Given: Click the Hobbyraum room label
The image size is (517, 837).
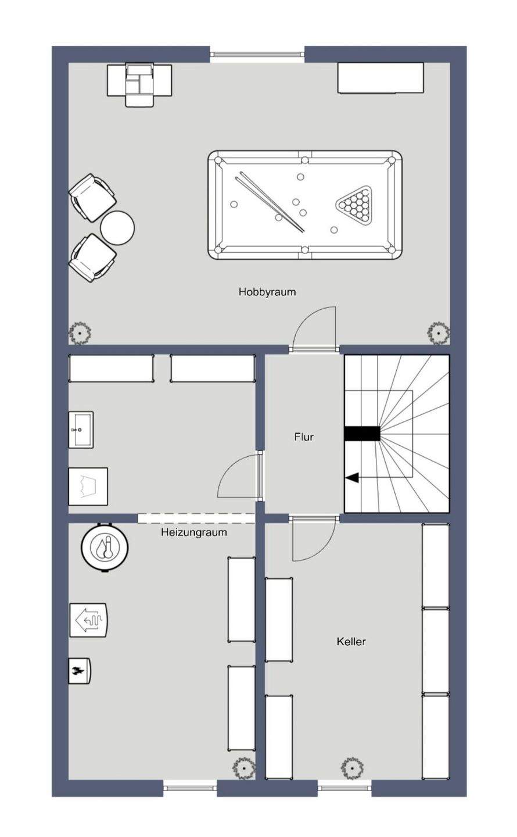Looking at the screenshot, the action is click(267, 292).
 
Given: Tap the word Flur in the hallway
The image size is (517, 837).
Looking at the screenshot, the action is click(304, 437).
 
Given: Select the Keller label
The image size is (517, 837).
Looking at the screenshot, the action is click(351, 641).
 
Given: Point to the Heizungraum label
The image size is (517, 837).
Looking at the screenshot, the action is click(194, 532).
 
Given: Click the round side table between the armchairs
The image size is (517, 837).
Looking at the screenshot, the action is click(118, 228).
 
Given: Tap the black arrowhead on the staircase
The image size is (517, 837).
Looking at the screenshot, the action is click(352, 477).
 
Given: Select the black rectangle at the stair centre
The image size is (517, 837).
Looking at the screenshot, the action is click(362, 434).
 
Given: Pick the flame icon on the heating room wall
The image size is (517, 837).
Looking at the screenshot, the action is click(80, 671).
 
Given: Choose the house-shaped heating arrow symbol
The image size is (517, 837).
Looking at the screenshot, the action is click(88, 620).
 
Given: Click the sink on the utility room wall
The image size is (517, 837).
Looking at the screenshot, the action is click(81, 430).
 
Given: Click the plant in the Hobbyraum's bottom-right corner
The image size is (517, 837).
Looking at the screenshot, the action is click(438, 332).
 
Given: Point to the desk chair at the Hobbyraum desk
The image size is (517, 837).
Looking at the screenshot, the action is click(139, 85).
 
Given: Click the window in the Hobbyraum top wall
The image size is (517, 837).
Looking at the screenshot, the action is click(257, 55).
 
